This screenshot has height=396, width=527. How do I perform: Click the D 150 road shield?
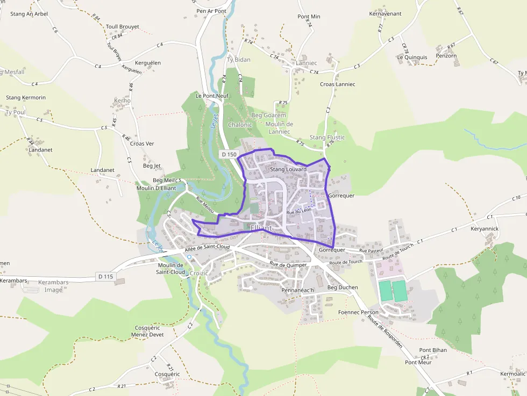pos(229,154)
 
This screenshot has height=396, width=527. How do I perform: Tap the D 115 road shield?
pos(106,276)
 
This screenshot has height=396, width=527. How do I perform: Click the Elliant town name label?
pos(261,228)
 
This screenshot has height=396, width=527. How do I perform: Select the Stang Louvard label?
pos(288,169)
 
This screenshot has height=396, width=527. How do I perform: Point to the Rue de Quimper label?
pos(288,264)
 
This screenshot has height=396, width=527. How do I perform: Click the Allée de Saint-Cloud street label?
pos(207,248)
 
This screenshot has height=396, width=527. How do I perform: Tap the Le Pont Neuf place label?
pos(212,96)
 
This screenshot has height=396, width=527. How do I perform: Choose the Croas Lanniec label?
pos(337,84)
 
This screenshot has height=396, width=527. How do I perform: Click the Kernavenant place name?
pos(386,13)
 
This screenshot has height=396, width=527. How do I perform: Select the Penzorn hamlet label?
pos(446,55)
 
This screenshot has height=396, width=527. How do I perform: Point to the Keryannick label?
pos(485,229)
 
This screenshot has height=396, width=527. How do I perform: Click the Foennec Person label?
pos(358,312)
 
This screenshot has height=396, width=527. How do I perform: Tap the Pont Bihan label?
pos(433,350)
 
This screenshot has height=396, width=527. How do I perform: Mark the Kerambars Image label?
pos(53,286)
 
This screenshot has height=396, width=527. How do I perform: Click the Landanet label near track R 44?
pos(41,150)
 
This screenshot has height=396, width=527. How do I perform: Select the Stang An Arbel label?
pos(29,14)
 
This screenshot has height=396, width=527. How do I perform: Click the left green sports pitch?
pos(386,291)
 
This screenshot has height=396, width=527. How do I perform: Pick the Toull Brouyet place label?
pos(123,26)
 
